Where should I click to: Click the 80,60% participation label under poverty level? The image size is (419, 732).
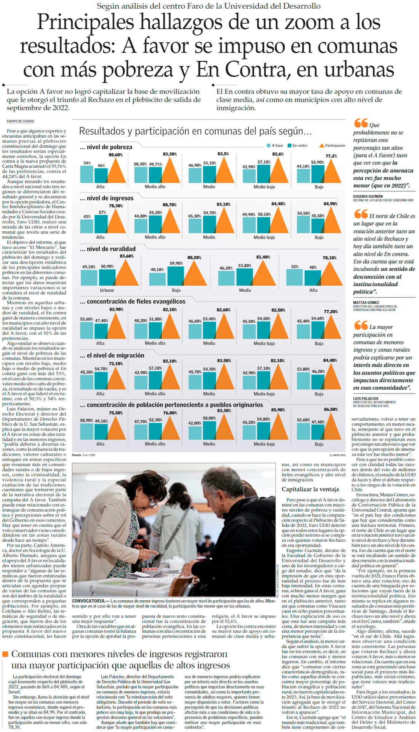[115, 155]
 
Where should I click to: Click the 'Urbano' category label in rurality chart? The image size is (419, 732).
[107, 290]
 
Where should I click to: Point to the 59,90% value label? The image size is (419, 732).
[176, 263]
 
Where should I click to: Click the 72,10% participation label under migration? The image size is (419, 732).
[116, 364]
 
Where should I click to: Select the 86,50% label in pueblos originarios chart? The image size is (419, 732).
[331, 409]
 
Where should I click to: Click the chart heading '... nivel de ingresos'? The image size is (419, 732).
[107, 198]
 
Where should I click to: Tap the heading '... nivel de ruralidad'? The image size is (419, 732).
[107, 249]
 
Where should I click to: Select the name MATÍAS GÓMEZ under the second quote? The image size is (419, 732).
[366, 303]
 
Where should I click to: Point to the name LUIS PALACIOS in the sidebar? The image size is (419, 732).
[366, 399]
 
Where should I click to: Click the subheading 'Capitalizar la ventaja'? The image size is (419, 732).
[310, 489]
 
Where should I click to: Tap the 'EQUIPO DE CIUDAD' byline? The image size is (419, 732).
[20, 121]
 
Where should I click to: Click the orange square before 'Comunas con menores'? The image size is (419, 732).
[5, 654]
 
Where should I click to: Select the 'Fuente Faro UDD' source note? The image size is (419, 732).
[83, 455]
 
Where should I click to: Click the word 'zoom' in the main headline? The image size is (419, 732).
[309, 22]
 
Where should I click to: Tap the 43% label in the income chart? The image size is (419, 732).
[87, 217]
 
